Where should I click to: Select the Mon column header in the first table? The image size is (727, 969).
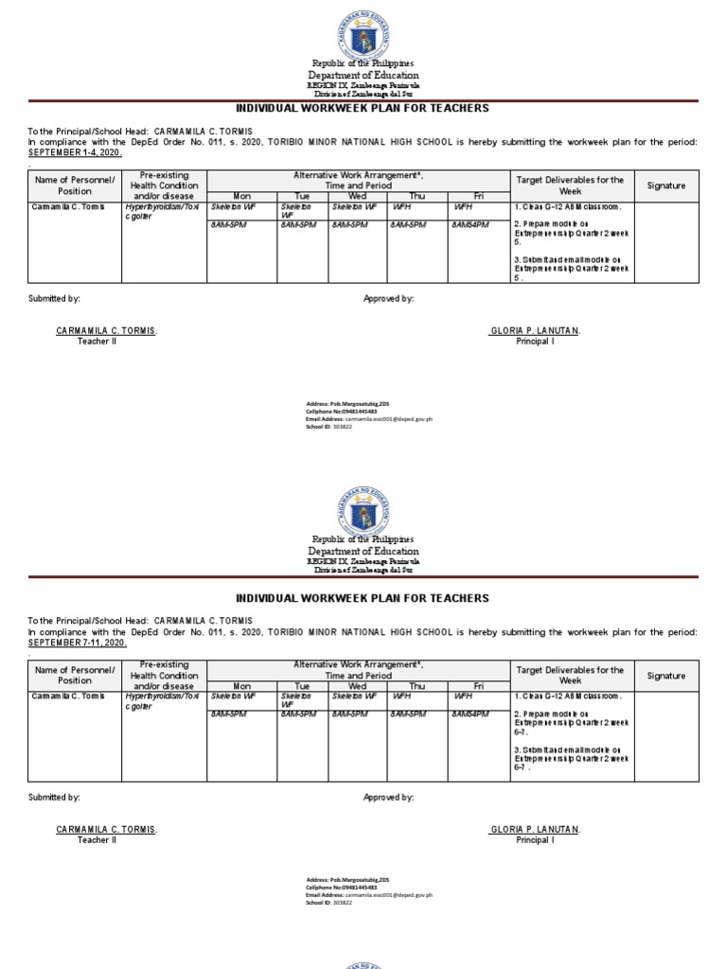[x=241, y=196]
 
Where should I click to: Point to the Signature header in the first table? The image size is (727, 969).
[x=666, y=185]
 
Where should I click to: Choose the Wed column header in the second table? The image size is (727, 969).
[x=357, y=686]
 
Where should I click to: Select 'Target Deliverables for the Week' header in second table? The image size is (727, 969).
[x=570, y=675]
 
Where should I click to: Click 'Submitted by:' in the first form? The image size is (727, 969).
[x=54, y=298]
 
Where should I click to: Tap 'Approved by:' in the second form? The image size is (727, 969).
[x=388, y=798]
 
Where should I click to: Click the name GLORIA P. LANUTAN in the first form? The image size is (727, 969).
[x=535, y=330]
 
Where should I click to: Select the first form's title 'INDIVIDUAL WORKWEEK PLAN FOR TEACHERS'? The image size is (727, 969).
[x=363, y=108]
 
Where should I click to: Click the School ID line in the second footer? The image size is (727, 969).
[x=328, y=903]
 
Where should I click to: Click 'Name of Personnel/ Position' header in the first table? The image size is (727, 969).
[x=75, y=185]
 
